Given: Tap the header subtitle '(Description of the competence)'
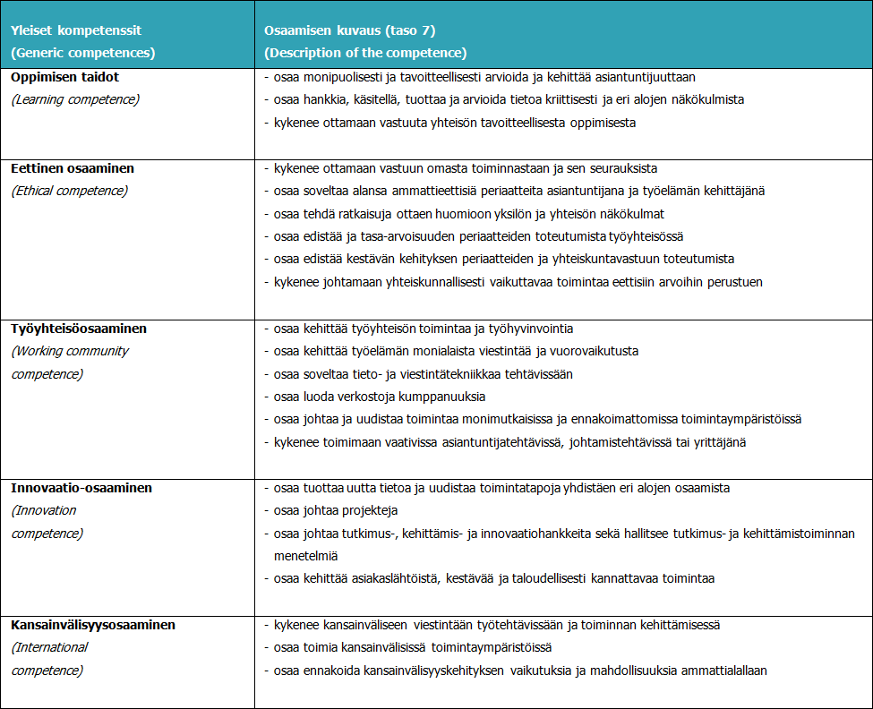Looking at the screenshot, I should pos(365,53).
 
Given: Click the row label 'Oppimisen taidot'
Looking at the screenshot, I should pos(64,77).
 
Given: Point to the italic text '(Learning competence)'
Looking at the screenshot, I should pos(75,99).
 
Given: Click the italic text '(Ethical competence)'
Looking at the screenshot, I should pos(70,191).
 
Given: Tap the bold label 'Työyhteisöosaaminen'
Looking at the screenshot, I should pos(79,329).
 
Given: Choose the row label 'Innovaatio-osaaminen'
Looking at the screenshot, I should pos(81,489).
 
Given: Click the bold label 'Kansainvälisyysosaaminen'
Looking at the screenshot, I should pos(93,625).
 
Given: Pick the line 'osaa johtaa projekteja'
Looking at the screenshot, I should pos(337,511).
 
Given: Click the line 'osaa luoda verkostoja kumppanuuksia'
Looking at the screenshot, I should pos(380,397).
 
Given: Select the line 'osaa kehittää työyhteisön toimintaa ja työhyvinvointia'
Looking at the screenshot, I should pos(424,329).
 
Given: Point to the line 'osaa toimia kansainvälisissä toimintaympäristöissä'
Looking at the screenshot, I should pos(414,647).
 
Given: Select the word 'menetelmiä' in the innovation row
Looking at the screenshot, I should pos(305,556).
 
